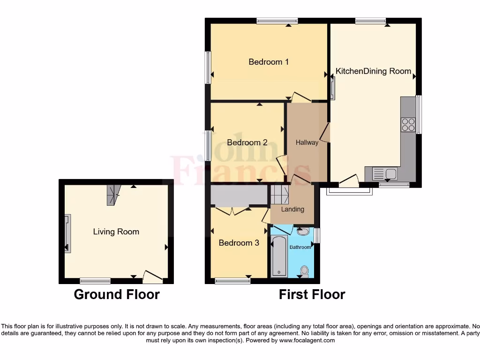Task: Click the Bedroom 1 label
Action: [269, 62]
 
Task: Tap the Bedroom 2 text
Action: [247, 142]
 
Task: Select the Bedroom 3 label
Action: [239, 243]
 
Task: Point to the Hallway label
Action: [307, 142]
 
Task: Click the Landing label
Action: [292, 209]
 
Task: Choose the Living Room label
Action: [116, 232]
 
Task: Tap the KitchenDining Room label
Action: [373, 71]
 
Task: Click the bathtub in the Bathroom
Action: [279, 256]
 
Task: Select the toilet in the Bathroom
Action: [305, 270]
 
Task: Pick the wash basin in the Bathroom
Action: [303, 231]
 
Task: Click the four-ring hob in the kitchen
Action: [408, 124]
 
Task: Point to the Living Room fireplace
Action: [68, 233]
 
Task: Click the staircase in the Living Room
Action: [113, 195]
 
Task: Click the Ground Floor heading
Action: [117, 294]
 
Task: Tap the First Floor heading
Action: [312, 294]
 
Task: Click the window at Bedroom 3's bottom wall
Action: [232, 281]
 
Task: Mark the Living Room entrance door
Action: [153, 277]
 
